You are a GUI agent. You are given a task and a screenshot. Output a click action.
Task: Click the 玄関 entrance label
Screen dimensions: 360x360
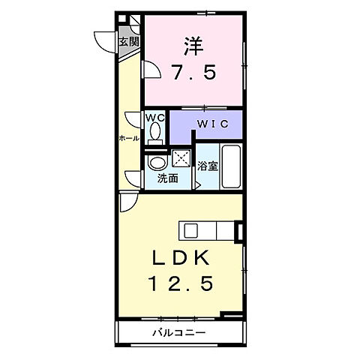click(128, 41)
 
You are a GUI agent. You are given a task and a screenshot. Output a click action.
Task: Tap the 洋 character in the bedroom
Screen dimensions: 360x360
click(193, 46)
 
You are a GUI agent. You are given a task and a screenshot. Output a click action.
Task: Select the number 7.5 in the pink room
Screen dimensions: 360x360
click(193, 73)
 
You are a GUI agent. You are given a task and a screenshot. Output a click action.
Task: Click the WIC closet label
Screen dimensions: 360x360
click(208, 123)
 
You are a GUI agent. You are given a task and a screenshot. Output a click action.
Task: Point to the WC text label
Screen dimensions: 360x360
click(155, 118)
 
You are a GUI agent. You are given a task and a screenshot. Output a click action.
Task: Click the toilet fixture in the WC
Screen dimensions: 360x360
click(155, 133)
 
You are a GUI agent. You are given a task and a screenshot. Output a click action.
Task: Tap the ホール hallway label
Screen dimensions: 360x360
click(128, 139)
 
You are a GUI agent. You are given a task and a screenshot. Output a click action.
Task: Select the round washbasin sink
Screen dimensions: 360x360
click(157, 163)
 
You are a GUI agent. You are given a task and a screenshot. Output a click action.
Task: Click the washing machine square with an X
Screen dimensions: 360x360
click(181, 157)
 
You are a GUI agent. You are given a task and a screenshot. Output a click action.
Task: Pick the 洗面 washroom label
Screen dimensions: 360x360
click(168, 178)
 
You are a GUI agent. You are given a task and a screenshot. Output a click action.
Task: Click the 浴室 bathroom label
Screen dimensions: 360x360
click(208, 166)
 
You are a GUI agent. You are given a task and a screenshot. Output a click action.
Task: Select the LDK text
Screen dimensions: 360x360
click(181, 258)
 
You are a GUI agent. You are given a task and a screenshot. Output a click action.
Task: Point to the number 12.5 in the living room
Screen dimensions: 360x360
click(181, 283)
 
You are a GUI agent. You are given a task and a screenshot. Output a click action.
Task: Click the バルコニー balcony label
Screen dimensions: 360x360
click(180, 331)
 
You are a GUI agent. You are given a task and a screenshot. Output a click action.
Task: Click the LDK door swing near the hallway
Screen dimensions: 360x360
click(126, 201)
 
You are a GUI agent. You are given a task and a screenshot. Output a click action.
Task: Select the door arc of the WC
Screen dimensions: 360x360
click(133, 118)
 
